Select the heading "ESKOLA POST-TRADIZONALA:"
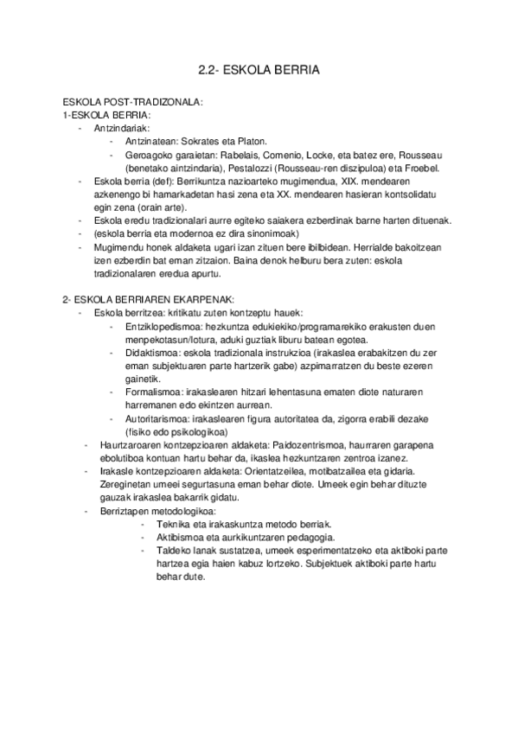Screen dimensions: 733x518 point(132,102)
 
